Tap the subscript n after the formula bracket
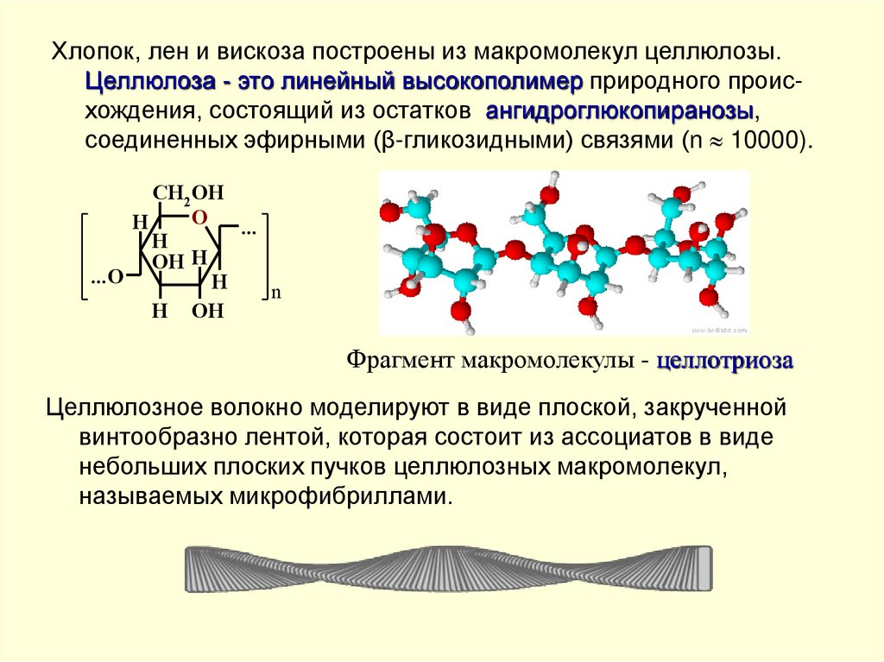coord(276,293)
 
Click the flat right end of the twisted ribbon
coord(706,567)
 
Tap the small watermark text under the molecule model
coord(719,330)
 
